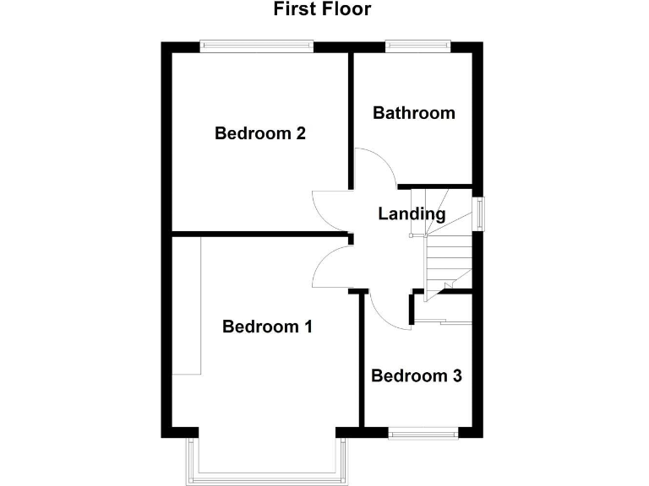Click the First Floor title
322,10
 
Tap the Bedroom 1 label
267,327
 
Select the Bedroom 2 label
259,133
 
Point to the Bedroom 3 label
416,376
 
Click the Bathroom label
414,113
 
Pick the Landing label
412,214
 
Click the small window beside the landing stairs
479,213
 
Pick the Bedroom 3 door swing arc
387,317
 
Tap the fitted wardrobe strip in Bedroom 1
187,305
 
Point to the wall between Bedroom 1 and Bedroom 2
254,233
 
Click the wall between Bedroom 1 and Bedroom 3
363,363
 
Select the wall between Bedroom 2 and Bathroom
352,118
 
